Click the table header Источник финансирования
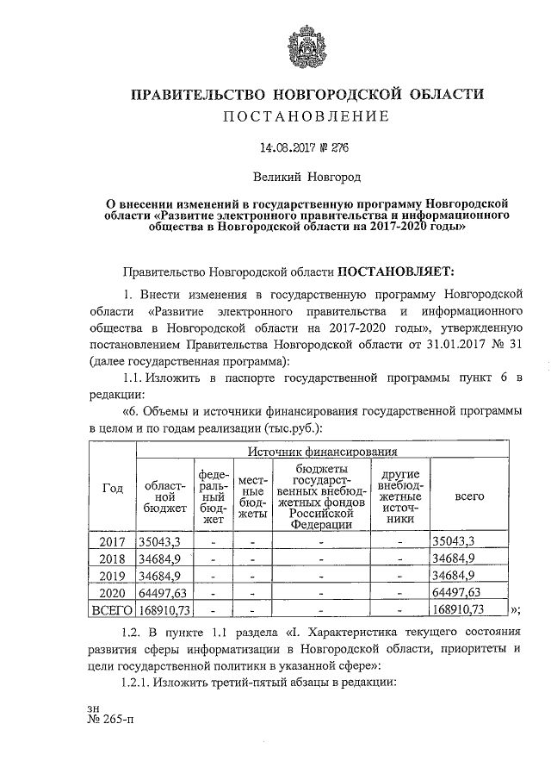(321, 451)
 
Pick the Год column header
(112, 489)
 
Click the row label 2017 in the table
(112, 541)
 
